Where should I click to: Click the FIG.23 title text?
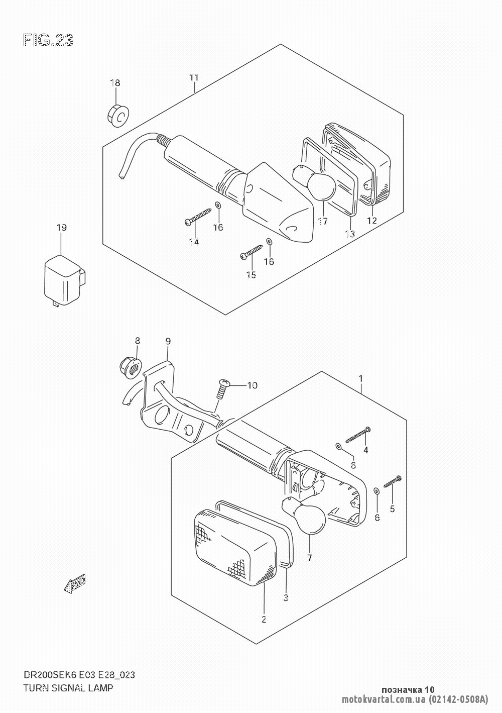pyautogui.click(x=48, y=40)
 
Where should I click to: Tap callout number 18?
pyautogui.click(x=115, y=83)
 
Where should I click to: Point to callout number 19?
pyautogui.click(x=61, y=228)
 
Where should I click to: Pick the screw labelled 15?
pyautogui.click(x=252, y=251)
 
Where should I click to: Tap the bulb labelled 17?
pyautogui.click(x=317, y=188)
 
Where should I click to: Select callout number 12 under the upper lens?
pyautogui.click(x=371, y=220)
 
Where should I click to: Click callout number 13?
pyautogui.click(x=349, y=234)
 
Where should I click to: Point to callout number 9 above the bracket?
pyautogui.click(x=168, y=341)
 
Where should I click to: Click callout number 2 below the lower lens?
pyautogui.click(x=264, y=620)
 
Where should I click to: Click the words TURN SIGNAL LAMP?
pyautogui.click(x=68, y=688)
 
